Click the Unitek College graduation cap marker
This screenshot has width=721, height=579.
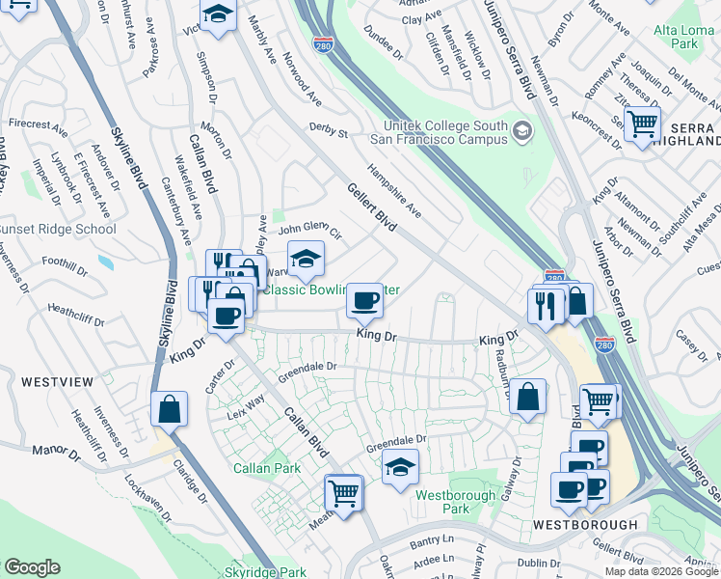click(522, 130)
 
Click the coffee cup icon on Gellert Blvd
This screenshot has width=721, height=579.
click(364, 301)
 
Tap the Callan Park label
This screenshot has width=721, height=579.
click(267, 468)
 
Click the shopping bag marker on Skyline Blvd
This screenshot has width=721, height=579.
click(169, 408)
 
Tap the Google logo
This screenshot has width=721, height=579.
click(32, 567)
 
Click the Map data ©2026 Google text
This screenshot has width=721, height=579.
click(660, 571)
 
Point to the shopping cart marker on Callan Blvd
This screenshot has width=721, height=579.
click(343, 492)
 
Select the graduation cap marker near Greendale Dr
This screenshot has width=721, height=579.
click(400, 468)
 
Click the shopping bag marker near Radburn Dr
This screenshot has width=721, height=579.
click(528, 396)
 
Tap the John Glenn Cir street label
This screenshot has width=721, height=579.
click(310, 232)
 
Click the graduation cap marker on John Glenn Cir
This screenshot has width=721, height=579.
click(307, 259)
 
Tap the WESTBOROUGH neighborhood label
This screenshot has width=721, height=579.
click(585, 524)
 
